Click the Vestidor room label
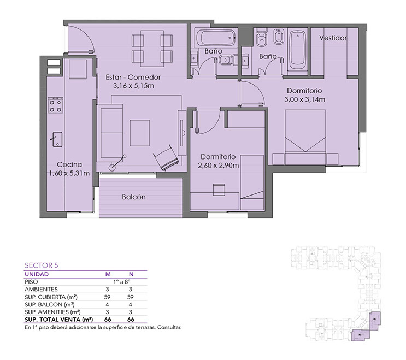[333, 38]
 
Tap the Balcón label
[134, 197]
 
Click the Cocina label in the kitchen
[69, 164]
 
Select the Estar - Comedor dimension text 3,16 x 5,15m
[133, 86]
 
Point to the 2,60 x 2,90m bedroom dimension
[218, 166]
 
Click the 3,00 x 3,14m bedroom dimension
[304, 99]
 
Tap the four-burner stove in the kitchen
[55, 105]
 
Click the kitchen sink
[57, 139]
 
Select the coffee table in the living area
[139, 133]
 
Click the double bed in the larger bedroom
[305, 137]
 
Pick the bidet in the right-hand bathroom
[279, 37]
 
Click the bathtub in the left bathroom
[215, 38]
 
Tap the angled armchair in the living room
[166, 158]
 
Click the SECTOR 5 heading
[42, 265]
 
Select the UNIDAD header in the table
[37, 274]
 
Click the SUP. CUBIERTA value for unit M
[107, 297]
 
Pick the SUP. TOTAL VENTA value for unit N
[131, 320]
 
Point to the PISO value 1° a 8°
[121, 281]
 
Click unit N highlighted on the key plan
[360, 335]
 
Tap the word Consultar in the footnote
[169, 327]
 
